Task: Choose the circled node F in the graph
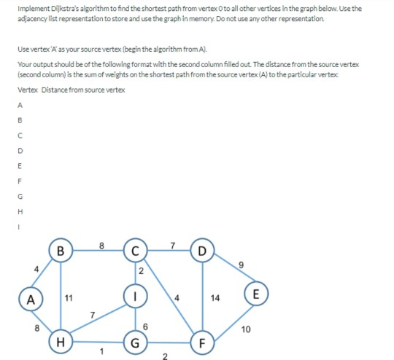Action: [x=202, y=341]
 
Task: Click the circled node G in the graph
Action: [x=134, y=341]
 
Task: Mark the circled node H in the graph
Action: [x=62, y=341]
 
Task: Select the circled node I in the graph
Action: [x=134, y=297]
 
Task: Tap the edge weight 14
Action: [x=215, y=298]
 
